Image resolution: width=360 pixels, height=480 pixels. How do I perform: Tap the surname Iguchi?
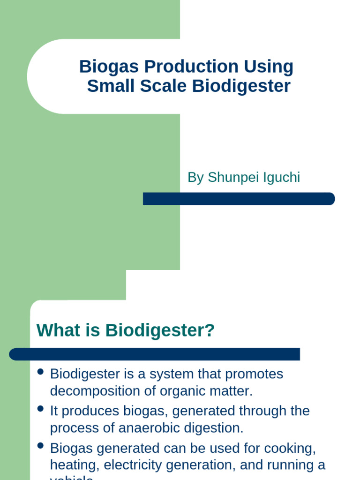(x=282, y=178)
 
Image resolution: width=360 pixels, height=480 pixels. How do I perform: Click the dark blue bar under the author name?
(x=239, y=199)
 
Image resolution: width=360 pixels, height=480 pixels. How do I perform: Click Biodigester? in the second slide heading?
(x=160, y=330)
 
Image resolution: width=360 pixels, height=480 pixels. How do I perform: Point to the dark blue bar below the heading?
(x=154, y=354)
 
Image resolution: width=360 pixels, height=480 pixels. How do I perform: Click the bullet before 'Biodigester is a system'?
(x=40, y=372)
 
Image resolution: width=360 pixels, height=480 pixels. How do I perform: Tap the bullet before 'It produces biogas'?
(x=40, y=409)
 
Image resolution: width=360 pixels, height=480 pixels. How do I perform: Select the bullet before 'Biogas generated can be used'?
(x=40, y=445)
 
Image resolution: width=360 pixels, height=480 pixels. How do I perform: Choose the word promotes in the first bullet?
(x=254, y=374)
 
